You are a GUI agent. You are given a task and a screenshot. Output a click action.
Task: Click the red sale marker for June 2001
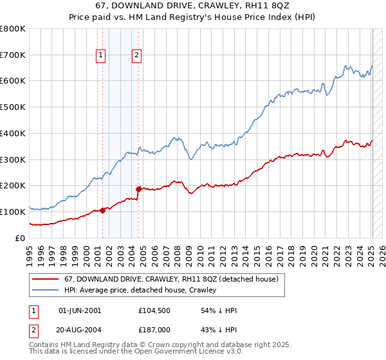(x=103, y=210)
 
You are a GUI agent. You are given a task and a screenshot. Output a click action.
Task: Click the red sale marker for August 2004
(x=138, y=188)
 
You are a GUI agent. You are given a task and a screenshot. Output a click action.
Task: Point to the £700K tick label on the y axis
(x=12, y=55)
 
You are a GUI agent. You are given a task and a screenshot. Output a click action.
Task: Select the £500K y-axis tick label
(x=12, y=107)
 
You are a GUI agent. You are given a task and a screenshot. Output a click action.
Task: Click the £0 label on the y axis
(x=21, y=238)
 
